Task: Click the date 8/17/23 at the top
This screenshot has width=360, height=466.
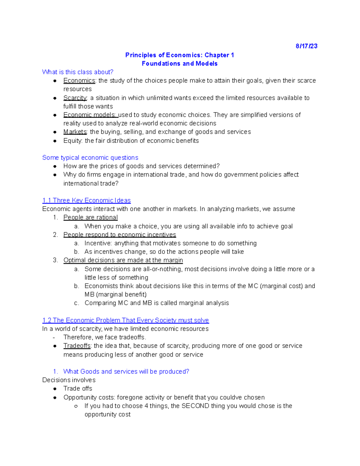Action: [x=306, y=46]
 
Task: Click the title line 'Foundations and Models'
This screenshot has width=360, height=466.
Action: [x=179, y=64]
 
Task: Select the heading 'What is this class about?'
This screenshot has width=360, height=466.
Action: [x=78, y=72]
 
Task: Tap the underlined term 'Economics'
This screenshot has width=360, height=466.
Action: [x=79, y=81]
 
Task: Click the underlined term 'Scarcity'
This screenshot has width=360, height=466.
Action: [x=75, y=98]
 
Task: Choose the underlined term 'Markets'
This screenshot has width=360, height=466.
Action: [x=75, y=132]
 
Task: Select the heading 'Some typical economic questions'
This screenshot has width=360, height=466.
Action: [x=90, y=158]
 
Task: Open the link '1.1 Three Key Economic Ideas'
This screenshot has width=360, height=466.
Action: [x=86, y=200]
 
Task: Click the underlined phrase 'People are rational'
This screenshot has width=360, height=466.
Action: [x=90, y=218]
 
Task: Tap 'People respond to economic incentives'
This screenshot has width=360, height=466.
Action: [x=119, y=235]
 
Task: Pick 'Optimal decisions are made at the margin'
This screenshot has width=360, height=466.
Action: [x=123, y=260]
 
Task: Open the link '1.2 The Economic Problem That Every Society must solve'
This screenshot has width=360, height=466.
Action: [x=125, y=320]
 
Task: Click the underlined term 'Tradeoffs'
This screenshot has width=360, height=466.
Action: [x=77, y=346]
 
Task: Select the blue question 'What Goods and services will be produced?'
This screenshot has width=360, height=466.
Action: [x=126, y=371]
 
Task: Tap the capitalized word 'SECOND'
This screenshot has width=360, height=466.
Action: [x=195, y=406]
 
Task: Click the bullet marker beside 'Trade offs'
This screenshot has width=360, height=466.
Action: [x=55, y=389]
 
